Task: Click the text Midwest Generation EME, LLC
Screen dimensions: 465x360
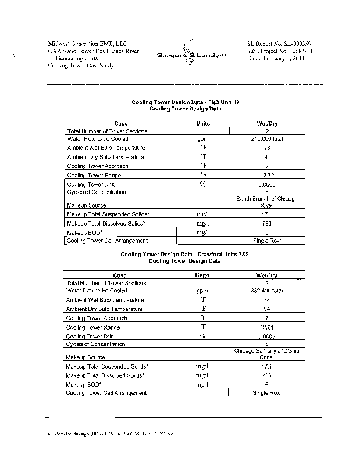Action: [x=87, y=44]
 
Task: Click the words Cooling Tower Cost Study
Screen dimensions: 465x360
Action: [x=81, y=66]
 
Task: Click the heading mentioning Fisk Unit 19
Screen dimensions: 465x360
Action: [x=185, y=102]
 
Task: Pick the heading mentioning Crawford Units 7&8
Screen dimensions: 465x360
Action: [x=185, y=255]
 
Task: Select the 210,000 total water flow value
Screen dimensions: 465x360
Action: [x=266, y=139]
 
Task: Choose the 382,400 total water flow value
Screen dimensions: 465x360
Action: [x=266, y=290]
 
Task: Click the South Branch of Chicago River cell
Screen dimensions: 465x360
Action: [x=267, y=202]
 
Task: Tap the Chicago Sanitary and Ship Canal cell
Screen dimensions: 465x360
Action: [x=266, y=354]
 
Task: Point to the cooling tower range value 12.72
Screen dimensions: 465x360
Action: [x=266, y=174]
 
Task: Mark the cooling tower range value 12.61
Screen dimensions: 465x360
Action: [x=266, y=327]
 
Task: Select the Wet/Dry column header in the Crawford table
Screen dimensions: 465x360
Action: [x=266, y=275]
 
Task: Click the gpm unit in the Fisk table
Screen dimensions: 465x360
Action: [x=203, y=139]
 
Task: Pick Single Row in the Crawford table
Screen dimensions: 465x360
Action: [x=266, y=393]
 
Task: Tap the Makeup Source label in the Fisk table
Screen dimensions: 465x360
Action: [x=86, y=205]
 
